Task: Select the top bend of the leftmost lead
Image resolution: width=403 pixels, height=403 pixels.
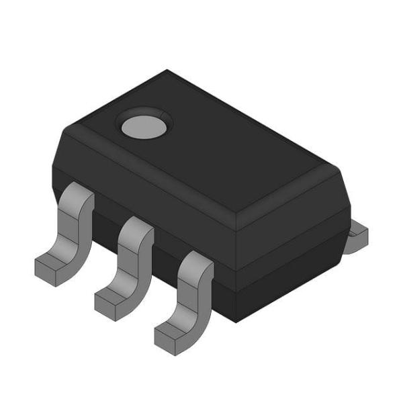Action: coord(77,198)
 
